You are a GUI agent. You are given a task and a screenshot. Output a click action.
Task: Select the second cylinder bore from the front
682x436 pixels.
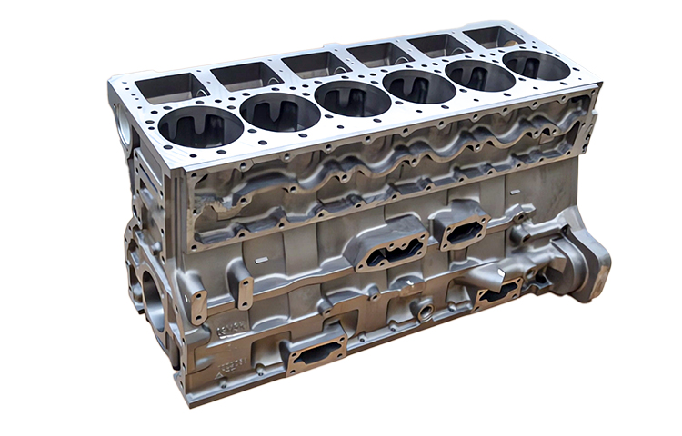coord(280,112)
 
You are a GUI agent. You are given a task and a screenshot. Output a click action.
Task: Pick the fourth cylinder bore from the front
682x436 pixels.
coord(418,86)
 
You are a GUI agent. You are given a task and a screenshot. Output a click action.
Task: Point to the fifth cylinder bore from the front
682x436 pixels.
coord(480,75)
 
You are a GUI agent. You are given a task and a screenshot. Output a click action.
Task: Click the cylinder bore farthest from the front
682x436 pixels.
coord(536,65)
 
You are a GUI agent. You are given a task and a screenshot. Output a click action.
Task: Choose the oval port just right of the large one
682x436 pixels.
coord(464,230)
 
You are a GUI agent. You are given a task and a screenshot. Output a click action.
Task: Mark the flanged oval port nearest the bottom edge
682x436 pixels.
coord(316,350)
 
